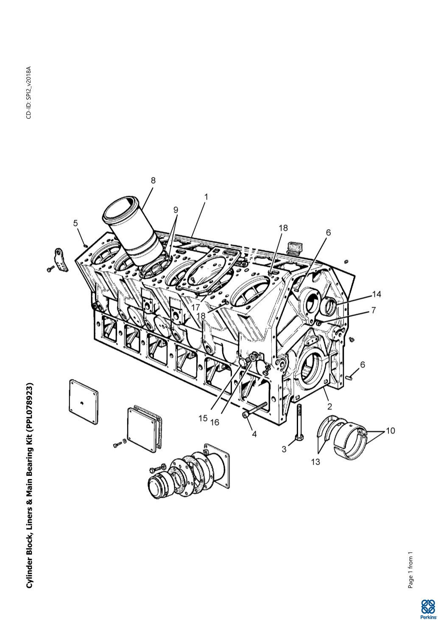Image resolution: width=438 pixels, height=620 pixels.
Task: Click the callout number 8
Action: [x=153, y=180]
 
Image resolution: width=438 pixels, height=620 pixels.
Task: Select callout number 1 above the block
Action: [x=206, y=197]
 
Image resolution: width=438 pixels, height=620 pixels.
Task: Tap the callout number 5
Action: [x=75, y=223]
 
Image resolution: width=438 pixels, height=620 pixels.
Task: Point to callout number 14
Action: [x=377, y=294]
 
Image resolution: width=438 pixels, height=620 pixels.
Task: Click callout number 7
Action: [x=373, y=310]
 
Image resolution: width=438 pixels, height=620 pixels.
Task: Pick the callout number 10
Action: [x=391, y=431]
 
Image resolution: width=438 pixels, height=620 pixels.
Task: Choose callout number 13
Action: [x=315, y=462]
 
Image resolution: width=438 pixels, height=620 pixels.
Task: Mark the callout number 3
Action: [x=284, y=449]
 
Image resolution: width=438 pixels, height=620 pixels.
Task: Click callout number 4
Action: [x=254, y=434]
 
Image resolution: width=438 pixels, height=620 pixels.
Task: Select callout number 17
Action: [x=195, y=307]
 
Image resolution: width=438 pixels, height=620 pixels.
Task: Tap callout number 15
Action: [x=203, y=418]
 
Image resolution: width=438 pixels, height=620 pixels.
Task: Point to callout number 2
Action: [x=329, y=406]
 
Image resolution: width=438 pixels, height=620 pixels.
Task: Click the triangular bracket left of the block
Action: [x=61, y=260]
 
